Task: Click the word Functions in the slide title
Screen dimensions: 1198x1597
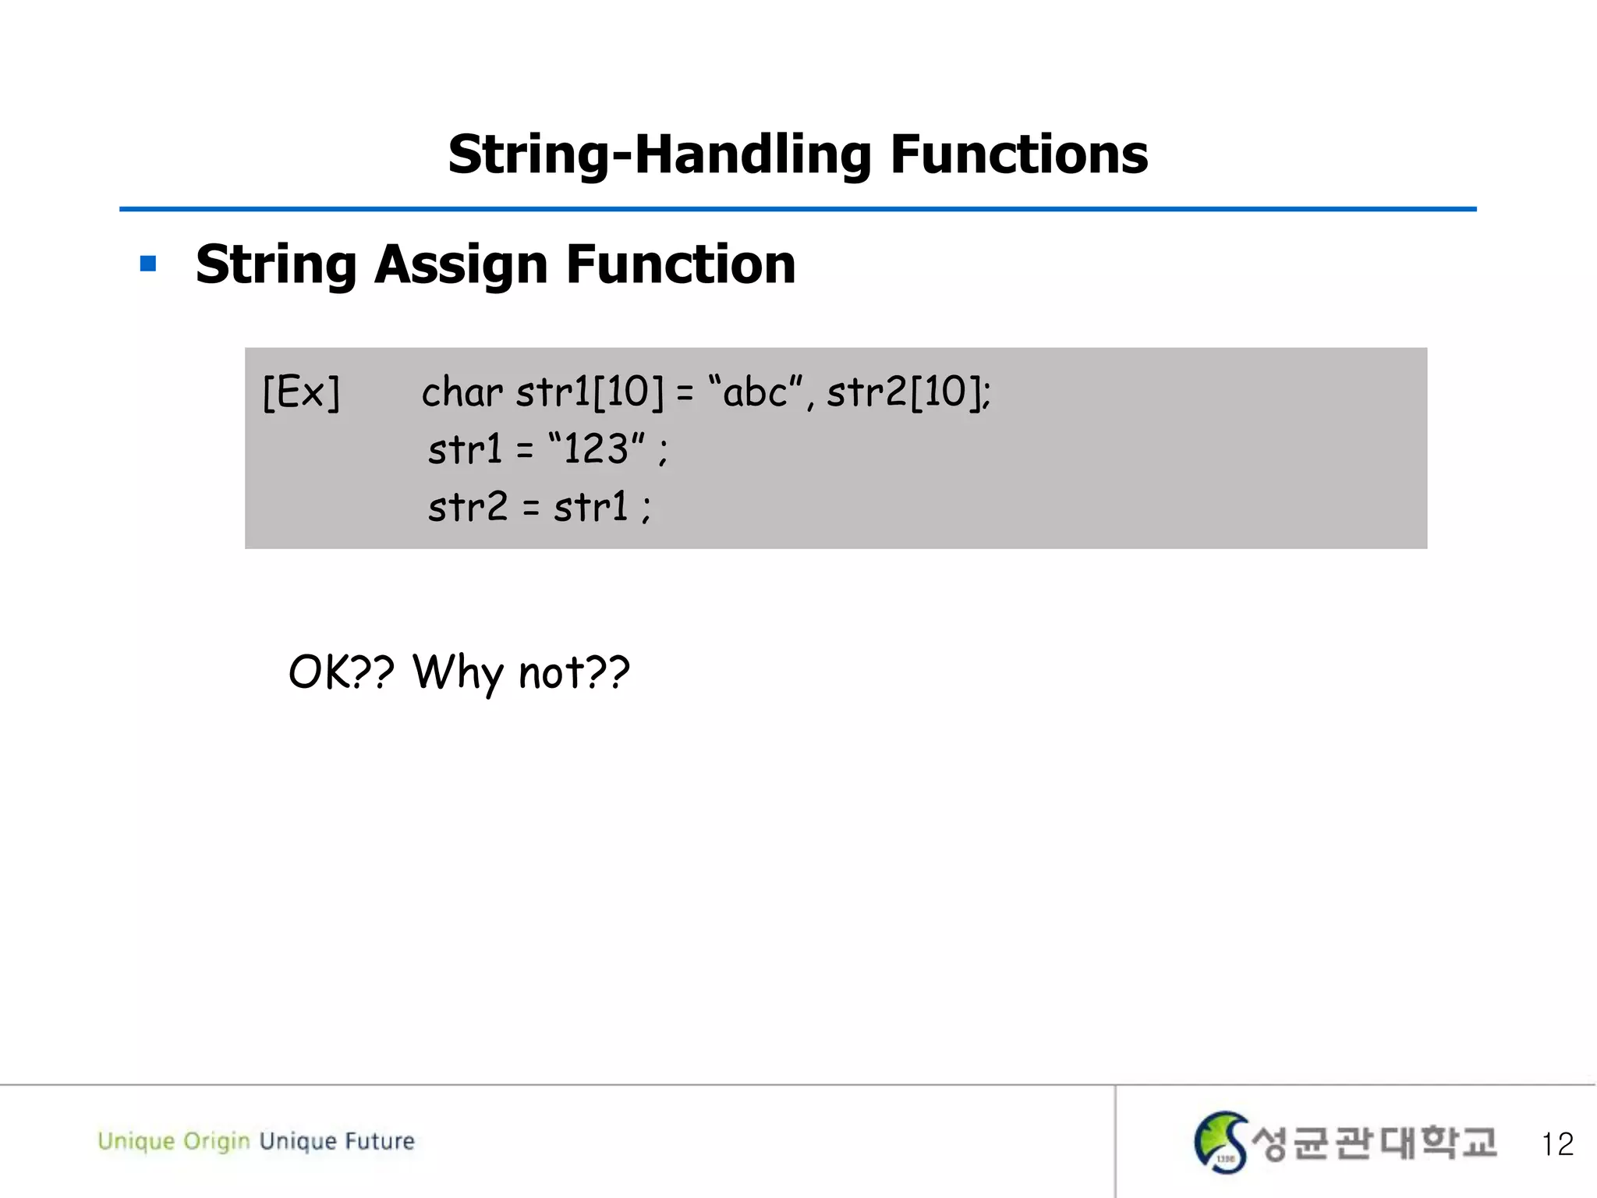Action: [x=1018, y=154]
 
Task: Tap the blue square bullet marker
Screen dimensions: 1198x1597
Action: [x=148, y=264]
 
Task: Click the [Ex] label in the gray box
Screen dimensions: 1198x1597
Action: [x=301, y=392]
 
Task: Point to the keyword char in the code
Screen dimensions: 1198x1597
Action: [x=462, y=392]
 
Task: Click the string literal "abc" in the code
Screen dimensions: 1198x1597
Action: [x=755, y=392]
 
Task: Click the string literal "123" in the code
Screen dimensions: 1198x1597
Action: [x=597, y=449]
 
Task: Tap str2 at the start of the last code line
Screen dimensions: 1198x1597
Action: [x=468, y=507]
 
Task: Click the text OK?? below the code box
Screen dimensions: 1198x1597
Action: [x=342, y=672]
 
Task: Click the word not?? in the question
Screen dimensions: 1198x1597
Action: [x=574, y=672]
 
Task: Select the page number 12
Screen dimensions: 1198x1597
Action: [x=1557, y=1144]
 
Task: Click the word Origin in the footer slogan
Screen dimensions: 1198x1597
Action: [x=216, y=1141]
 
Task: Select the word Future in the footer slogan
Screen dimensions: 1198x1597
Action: [x=380, y=1141]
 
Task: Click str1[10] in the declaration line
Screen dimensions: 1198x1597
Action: [x=590, y=392]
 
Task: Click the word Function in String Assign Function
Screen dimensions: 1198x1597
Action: [x=681, y=265]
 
